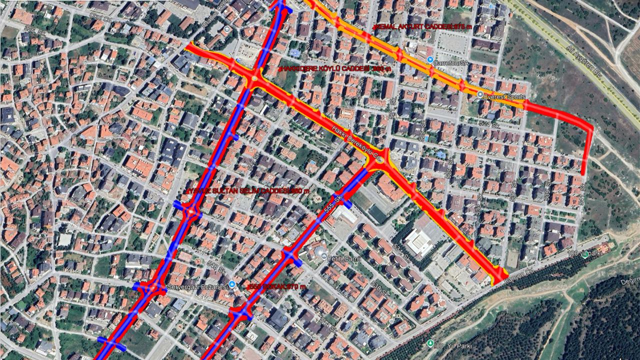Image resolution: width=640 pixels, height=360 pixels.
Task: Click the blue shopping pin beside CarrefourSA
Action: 430,59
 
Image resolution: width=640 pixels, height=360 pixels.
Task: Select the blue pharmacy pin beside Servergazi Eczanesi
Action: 231,285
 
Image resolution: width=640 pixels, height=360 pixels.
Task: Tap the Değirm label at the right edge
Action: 629,281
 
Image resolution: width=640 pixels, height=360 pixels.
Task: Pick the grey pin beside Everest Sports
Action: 480,94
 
